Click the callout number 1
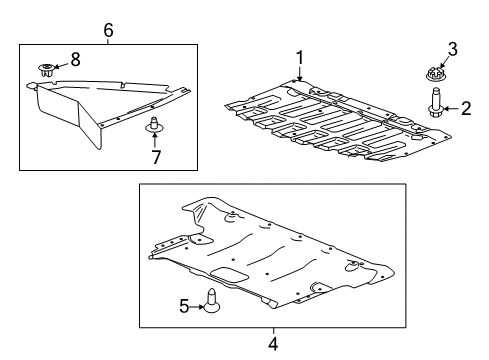point(297,56)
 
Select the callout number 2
point(465,110)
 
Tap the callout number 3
point(452,48)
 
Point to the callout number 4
point(271,346)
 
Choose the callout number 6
point(108,30)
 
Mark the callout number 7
point(155,157)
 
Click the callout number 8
point(75,58)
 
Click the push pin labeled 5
point(212,298)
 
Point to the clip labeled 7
point(154,125)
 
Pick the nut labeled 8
point(46,69)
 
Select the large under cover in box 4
point(265,255)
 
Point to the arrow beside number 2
point(452,110)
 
